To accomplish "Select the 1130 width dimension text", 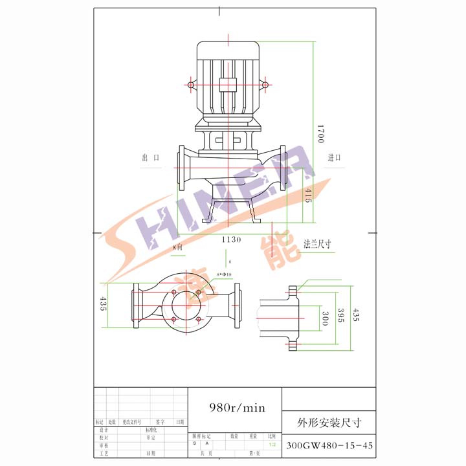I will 231,239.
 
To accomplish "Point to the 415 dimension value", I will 307,195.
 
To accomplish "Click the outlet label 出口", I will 150,158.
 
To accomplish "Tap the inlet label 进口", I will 334,158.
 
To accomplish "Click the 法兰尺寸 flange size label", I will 318,244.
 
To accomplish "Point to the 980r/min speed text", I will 238,408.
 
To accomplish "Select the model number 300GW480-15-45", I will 329,446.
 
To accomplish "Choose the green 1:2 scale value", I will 272,445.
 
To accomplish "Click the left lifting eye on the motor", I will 192,85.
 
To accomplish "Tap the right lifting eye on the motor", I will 265,85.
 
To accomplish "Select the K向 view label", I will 177,247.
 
